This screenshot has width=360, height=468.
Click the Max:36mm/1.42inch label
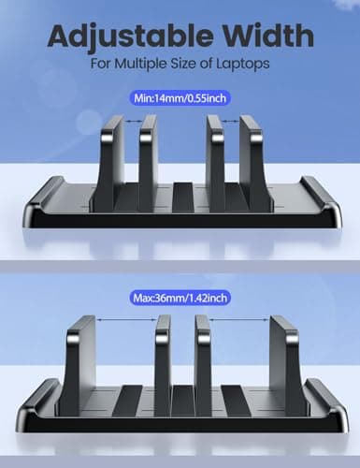click(181, 298)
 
